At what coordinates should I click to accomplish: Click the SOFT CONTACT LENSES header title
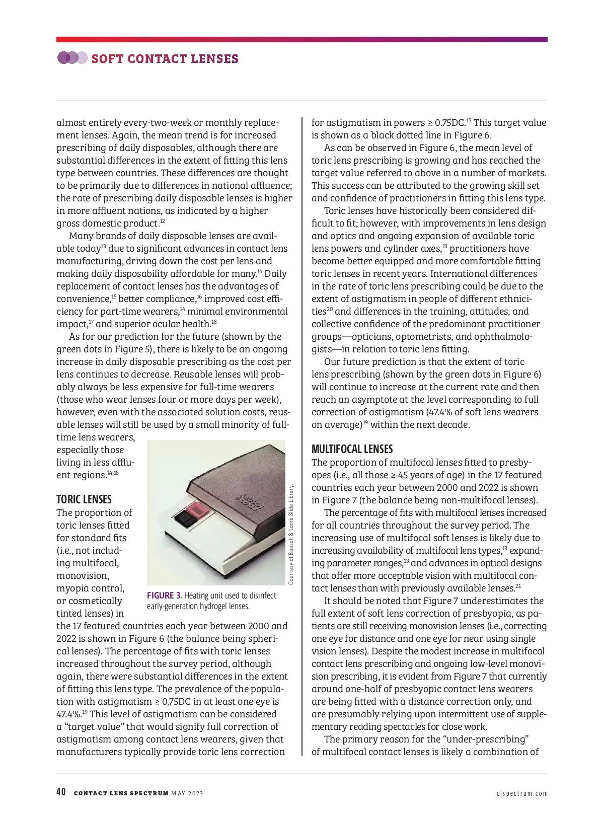coord(165,59)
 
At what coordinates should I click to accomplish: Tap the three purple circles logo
coord(72,58)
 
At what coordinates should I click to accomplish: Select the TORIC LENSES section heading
coord(84,499)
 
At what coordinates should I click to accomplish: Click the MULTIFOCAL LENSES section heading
coord(352,449)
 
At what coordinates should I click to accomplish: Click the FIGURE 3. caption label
coord(164,596)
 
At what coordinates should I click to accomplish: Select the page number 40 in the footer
coord(61,792)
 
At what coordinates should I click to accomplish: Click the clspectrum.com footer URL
coord(521,794)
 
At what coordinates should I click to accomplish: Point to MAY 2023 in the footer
coord(187,794)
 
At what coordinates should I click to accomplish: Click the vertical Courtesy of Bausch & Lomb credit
coord(291,534)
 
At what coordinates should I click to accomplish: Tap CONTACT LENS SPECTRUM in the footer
coord(121,794)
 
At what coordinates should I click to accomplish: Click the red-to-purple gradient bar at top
coord(302,39)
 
